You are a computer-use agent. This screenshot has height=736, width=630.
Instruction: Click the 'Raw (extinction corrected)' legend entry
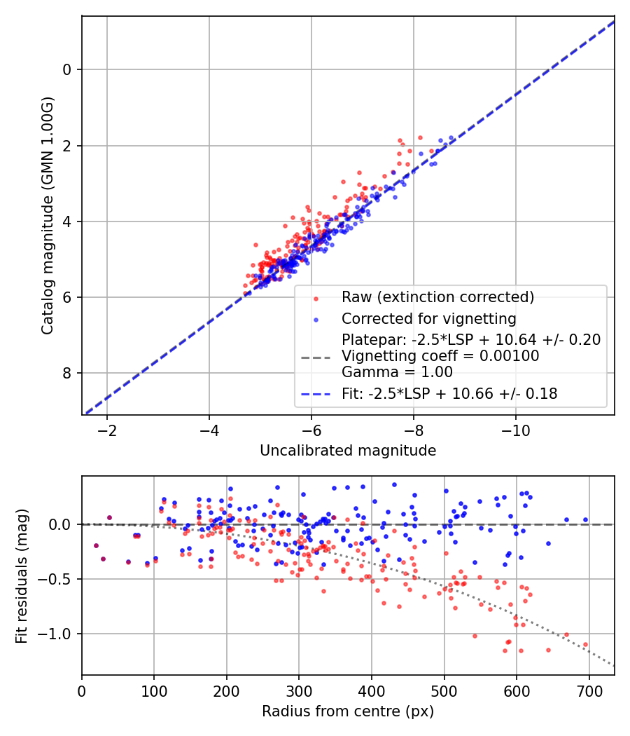pos(437,297)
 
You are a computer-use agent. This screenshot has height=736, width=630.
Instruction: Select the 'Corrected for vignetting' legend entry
pos(428,320)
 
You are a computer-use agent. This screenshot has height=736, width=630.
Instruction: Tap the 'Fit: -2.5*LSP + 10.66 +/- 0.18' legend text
pos(449,394)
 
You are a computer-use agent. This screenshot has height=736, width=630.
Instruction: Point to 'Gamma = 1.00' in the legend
pos(397,372)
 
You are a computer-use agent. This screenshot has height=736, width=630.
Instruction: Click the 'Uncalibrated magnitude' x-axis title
pos(348,451)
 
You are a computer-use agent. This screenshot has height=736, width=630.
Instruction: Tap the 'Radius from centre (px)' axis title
pos(348,711)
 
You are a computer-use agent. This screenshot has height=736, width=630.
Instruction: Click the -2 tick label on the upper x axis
pos(107,429)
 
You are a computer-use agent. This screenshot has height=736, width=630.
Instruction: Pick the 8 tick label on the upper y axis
pos(67,374)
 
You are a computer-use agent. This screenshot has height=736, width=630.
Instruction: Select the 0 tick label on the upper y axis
pos(67,69)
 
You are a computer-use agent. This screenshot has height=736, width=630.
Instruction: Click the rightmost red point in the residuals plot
pos(585,644)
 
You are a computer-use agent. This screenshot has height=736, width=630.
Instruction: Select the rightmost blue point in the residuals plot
pos(585,520)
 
